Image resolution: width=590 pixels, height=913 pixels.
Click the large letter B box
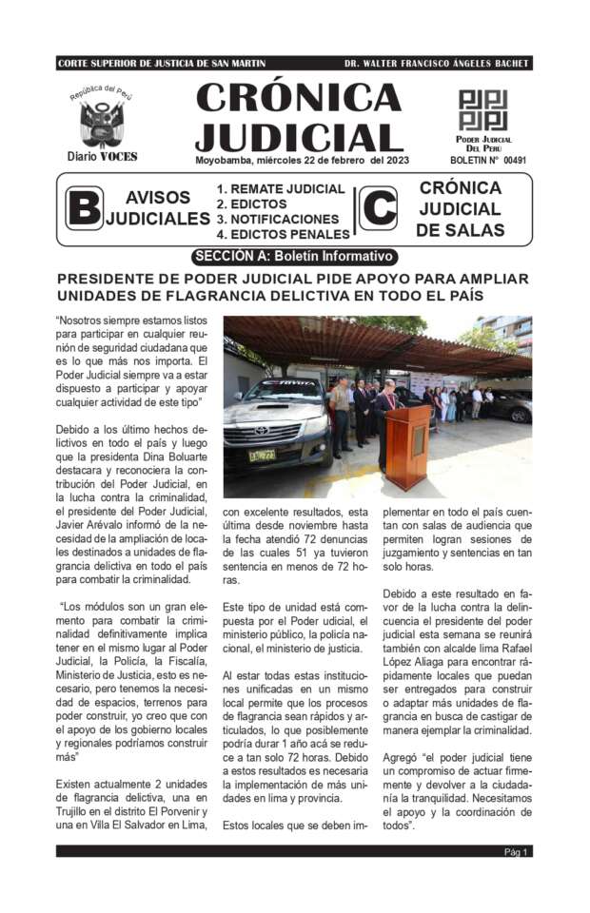coord(84,208)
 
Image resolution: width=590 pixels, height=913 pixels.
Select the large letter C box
coord(379,210)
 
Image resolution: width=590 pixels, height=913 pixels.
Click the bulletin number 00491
coord(514,161)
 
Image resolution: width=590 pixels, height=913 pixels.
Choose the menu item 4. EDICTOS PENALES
coord(283,234)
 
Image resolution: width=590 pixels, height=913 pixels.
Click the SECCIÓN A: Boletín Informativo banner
coord(294,256)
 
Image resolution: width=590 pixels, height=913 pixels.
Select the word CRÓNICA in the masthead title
coord(299,98)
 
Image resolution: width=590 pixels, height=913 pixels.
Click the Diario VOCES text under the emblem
coord(102,156)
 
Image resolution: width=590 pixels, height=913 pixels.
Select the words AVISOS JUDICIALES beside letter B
coord(157,208)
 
